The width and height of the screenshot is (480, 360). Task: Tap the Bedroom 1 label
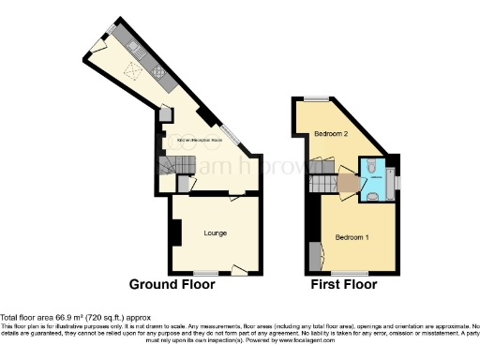tap(352, 236)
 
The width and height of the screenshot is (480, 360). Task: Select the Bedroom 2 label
tap(331, 134)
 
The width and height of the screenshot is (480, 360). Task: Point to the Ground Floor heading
tap(175, 284)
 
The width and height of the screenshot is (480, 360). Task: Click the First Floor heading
tap(343, 284)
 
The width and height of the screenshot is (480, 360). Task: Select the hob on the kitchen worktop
tap(157, 72)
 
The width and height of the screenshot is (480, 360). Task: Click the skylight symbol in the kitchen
tap(132, 67)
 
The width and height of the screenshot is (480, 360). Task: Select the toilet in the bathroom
tap(371, 167)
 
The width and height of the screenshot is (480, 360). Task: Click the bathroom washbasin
tap(371, 195)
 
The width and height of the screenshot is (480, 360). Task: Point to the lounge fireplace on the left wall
tap(174, 232)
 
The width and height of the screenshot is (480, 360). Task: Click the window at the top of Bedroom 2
tap(322, 98)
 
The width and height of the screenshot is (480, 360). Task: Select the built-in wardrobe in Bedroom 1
tap(313, 254)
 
